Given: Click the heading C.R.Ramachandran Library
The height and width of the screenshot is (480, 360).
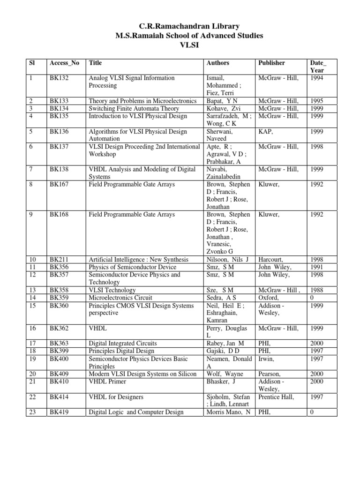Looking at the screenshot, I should click(x=180, y=27).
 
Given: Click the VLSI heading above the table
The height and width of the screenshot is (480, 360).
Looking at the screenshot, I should click(x=180, y=45).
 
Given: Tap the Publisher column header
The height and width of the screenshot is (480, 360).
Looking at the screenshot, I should click(x=271, y=63).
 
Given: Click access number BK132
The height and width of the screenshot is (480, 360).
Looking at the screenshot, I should click(x=59, y=78).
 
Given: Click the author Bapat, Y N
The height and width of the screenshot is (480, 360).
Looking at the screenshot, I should click(x=222, y=101).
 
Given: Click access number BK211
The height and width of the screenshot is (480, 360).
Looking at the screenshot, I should click(x=59, y=260).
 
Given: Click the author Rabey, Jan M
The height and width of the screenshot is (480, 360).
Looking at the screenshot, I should click(x=225, y=344).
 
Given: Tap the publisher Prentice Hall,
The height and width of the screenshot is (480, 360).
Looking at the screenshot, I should click(x=276, y=397).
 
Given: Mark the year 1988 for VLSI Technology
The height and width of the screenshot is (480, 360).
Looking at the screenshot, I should click(x=316, y=291).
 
